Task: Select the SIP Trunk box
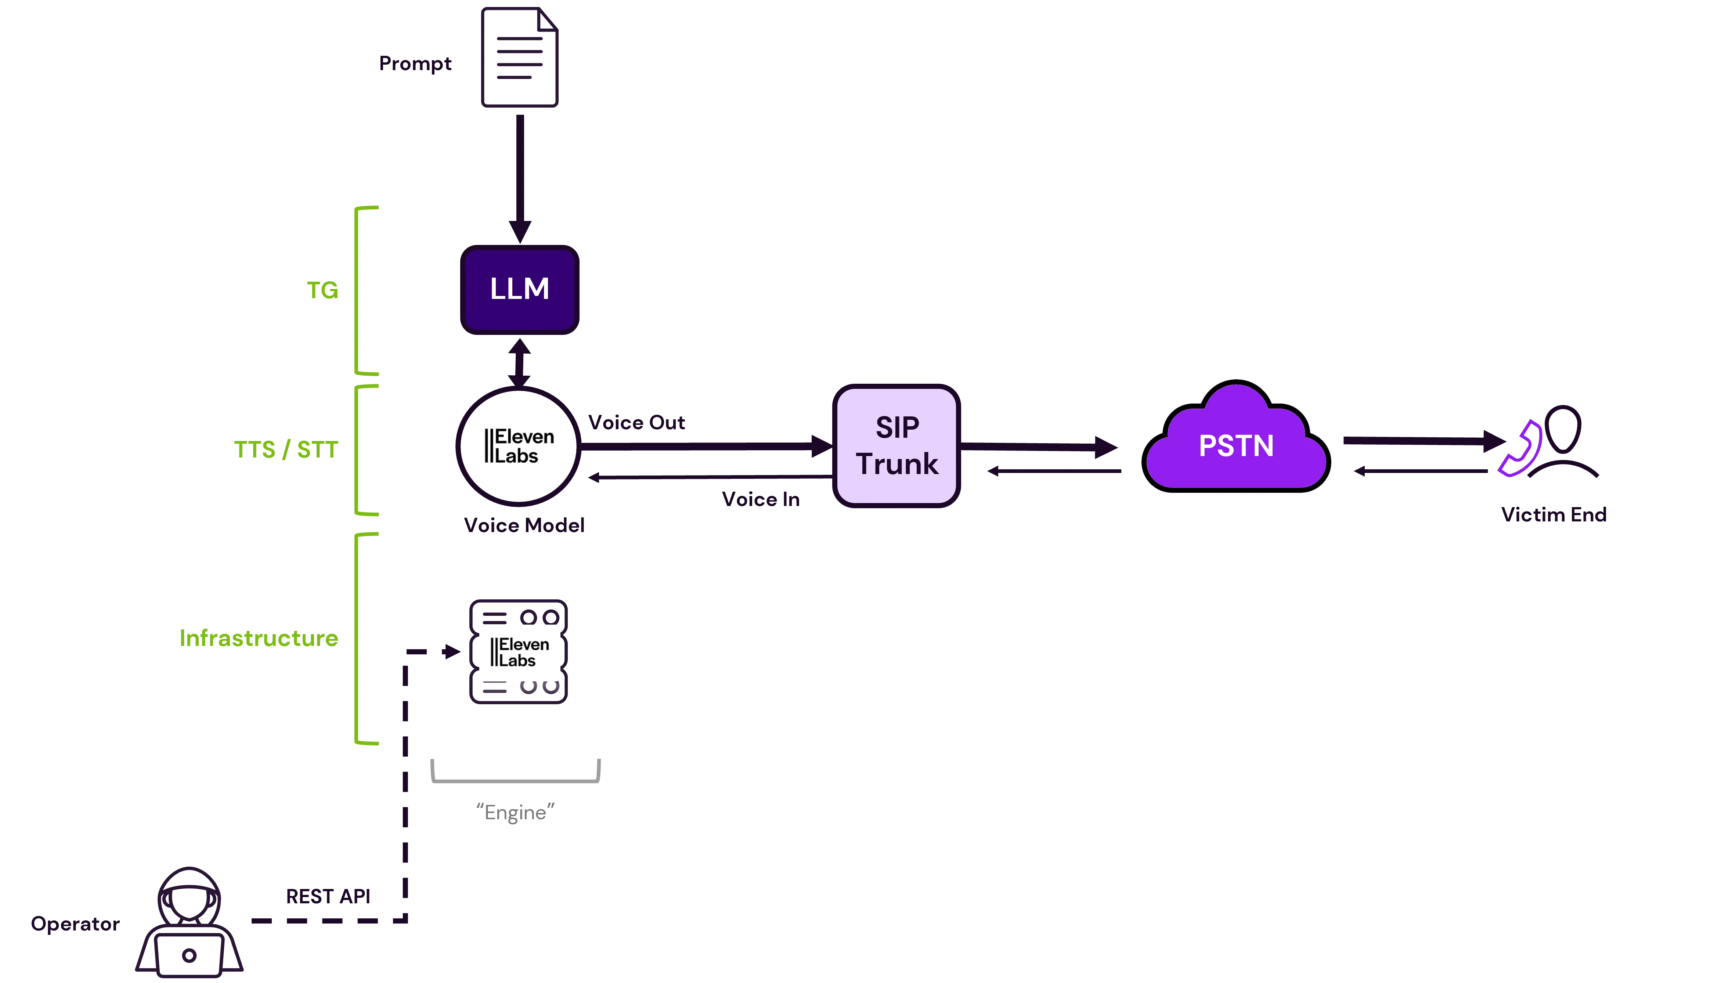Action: [896, 445]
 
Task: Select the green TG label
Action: [321, 290]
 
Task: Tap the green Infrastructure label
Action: [258, 638]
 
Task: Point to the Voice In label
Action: [760, 500]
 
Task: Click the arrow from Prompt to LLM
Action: [519, 176]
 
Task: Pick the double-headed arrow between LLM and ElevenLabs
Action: [519, 362]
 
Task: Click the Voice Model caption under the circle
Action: [523, 526]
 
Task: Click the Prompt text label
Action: [415, 64]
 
